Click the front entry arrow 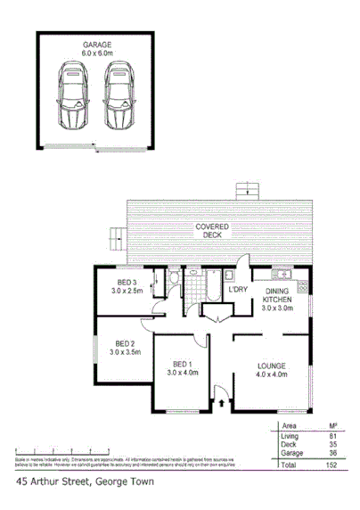pos(220,403)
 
